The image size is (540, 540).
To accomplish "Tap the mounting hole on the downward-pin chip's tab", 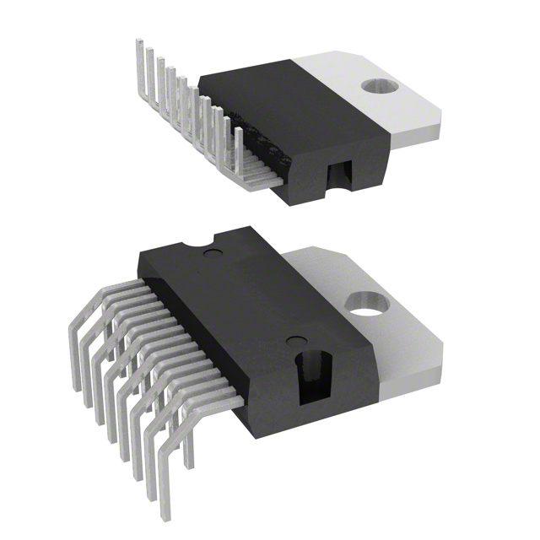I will click(364, 300).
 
